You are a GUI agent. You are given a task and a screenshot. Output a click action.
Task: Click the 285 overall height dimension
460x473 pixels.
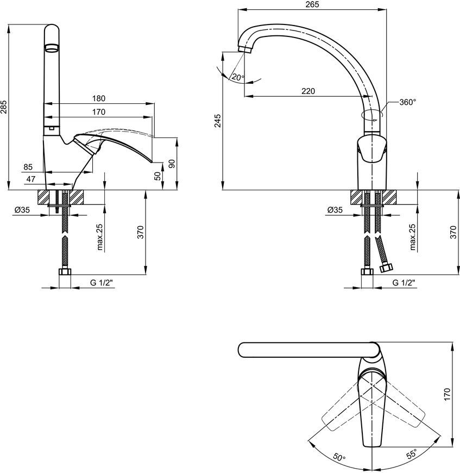tap(4, 107)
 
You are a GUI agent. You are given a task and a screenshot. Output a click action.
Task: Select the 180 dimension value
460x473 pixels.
tap(99, 98)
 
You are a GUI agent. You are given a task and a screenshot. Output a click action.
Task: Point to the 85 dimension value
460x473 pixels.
tap(28, 167)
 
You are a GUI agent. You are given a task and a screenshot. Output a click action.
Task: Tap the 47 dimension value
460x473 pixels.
tap(31, 179)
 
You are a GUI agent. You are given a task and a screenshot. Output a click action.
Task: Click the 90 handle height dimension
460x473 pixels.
tap(172, 164)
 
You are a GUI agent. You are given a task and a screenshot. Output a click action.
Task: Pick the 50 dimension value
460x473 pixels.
tap(158, 176)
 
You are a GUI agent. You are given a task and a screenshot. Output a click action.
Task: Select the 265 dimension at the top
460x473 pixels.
tap(312, 4)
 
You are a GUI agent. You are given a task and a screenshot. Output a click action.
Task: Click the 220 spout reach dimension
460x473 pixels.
tap(308, 91)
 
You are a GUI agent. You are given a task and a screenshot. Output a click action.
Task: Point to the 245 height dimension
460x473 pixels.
tap(217, 121)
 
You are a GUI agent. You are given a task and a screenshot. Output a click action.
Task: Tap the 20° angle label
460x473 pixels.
tap(238, 78)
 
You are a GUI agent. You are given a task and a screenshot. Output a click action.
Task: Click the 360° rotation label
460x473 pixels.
tap(408, 102)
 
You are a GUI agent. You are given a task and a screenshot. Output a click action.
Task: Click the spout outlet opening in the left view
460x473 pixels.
tap(51, 48)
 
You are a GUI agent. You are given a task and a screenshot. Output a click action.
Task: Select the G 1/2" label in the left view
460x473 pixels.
tap(101, 283)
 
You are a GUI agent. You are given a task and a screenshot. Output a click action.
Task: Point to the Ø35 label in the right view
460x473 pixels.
tap(335, 210)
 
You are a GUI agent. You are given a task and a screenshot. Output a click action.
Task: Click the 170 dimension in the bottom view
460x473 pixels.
tap(447, 394)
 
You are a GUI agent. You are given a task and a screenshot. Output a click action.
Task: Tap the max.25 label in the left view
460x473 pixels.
tap(100, 238)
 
